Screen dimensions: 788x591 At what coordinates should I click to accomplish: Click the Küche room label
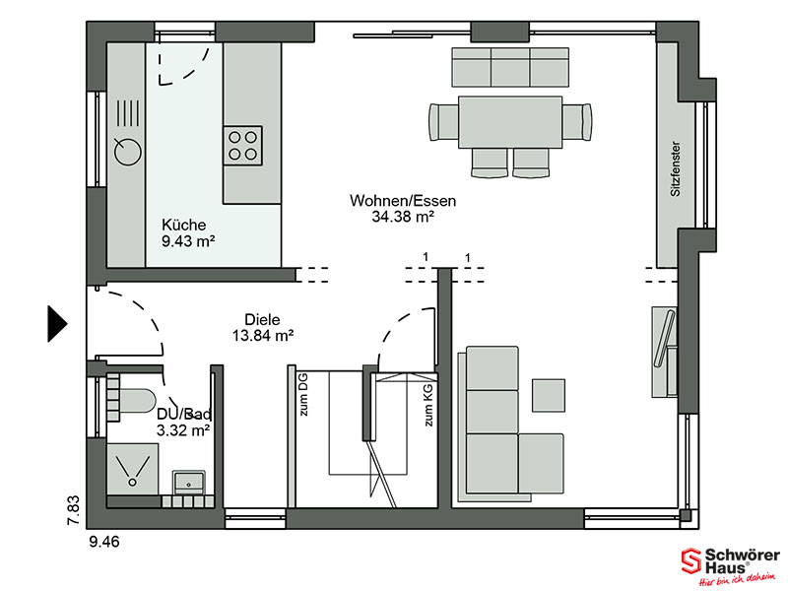184,225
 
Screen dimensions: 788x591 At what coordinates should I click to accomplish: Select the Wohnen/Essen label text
403,201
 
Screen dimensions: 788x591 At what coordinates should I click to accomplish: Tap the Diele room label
262,319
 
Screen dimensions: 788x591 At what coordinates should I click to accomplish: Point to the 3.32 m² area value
183,430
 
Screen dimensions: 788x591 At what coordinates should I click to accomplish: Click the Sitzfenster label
676,168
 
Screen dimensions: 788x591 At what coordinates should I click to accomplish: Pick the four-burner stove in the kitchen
242,146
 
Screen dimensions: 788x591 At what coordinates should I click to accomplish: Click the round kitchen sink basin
128,152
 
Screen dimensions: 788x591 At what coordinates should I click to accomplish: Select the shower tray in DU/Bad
133,469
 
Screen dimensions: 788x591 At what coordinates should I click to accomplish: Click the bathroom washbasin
188,483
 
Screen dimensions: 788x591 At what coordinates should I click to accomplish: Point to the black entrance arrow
57,324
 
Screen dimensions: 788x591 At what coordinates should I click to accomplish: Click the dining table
510,122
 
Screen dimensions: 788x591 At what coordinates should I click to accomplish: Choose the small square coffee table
549,395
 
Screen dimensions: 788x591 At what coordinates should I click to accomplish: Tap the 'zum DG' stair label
303,395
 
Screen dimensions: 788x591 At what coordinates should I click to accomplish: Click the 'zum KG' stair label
428,405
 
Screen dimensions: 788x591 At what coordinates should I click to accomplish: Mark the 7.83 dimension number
73,510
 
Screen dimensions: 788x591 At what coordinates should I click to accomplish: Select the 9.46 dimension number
104,542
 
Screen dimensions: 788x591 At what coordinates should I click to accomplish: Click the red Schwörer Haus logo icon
691,561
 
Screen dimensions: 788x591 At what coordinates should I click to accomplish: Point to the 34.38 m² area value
403,217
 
